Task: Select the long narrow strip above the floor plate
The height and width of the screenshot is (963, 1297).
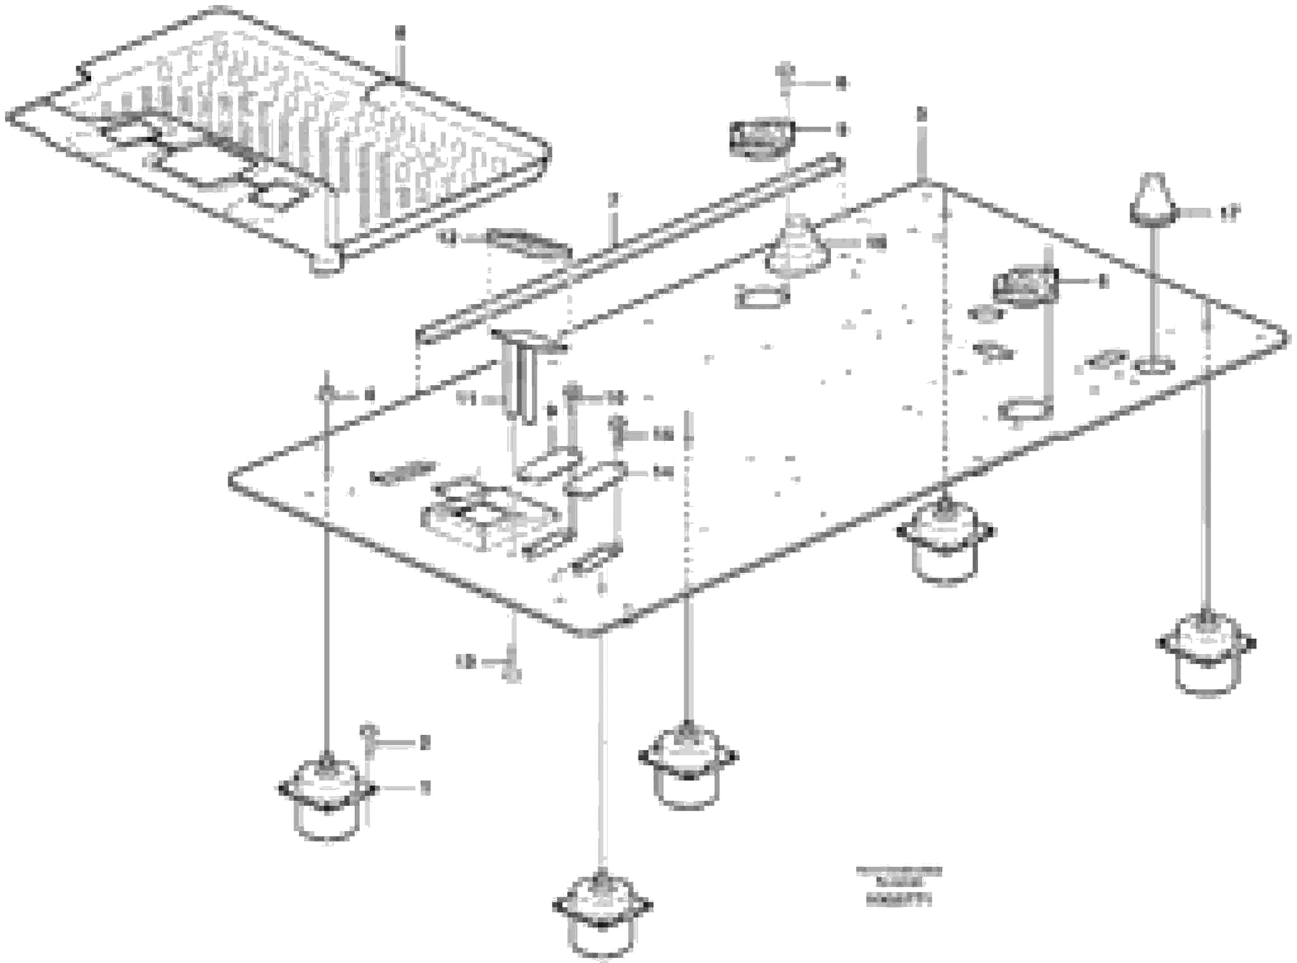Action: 629,251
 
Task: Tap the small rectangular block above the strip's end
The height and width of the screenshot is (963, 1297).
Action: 761,139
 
